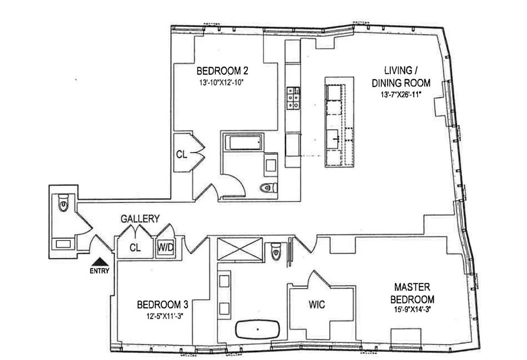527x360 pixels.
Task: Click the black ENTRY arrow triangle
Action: pos(99,261)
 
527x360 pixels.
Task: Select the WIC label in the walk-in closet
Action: pos(317,305)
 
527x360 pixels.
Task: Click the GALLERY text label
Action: pos(140,219)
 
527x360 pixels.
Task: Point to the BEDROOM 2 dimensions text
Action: pos(223,82)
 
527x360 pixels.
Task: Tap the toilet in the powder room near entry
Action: pos(63,204)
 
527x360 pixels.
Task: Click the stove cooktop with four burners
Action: pos(292,99)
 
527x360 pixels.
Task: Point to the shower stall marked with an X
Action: pos(239,248)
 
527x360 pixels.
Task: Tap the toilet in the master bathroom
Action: pos(276,252)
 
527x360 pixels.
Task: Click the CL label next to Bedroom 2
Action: pos(182,154)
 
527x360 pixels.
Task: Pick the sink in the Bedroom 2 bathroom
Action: pos(271,165)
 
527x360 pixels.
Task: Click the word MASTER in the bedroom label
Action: pos(412,287)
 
